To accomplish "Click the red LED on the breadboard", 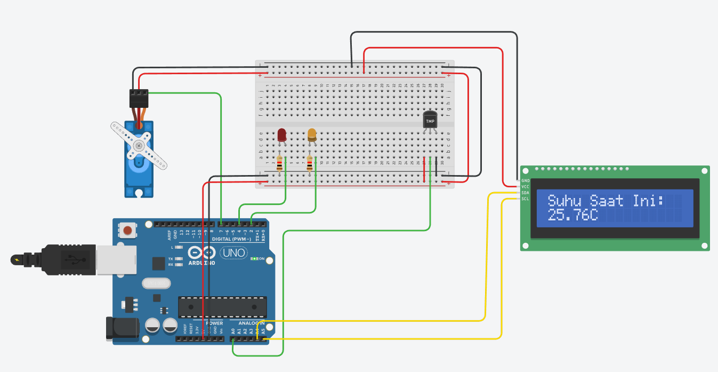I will (282, 135).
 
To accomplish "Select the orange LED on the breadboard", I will (312, 135).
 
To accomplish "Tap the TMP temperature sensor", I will (430, 120).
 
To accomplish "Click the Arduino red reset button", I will (127, 231).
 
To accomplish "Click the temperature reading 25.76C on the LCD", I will (572, 216).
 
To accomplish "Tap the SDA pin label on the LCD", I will (525, 193).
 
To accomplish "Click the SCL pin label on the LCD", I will (525, 199).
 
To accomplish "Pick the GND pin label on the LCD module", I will (525, 181).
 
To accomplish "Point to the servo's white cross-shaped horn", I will (139, 146).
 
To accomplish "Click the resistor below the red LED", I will (279, 163).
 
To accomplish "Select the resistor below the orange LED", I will (310, 163).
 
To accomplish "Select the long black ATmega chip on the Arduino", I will (222, 306).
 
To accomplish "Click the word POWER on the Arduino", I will (214, 323).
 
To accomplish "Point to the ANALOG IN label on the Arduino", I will (251, 323).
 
